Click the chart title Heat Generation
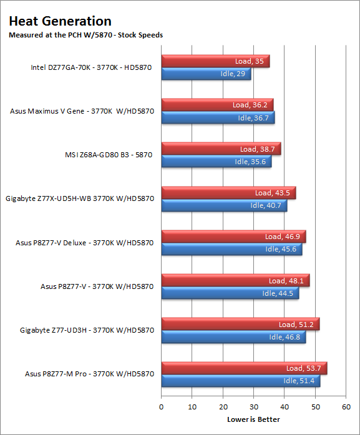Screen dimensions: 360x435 (x=60, y=21)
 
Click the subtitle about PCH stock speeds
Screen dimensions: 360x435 (x=85, y=35)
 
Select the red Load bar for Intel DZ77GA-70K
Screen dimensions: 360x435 (x=215, y=61)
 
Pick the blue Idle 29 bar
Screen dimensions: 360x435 (x=206, y=74)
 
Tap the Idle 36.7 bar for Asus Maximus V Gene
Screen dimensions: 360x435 (x=218, y=117)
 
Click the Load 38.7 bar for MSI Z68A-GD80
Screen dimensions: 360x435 (x=221, y=149)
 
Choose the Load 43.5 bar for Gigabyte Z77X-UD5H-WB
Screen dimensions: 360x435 (x=228, y=192)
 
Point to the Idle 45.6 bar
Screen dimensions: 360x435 (x=232, y=249)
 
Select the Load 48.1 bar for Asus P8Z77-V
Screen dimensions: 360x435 (x=235, y=280)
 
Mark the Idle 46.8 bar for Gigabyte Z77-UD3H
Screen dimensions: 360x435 (x=233, y=337)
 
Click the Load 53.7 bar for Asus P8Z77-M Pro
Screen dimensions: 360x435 (x=245, y=368)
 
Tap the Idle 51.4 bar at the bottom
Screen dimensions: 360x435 (x=241, y=381)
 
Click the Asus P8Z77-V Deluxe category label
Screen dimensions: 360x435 (x=85, y=243)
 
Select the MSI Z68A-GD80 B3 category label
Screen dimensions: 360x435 (x=109, y=155)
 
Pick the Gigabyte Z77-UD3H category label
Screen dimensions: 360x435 (x=87, y=330)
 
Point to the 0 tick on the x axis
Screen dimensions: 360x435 (x=162, y=407)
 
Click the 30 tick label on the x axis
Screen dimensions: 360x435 (x=254, y=407)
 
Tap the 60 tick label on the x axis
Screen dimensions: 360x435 (x=346, y=407)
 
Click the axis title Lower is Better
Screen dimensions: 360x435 (x=253, y=419)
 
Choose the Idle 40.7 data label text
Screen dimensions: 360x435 (x=266, y=205)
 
